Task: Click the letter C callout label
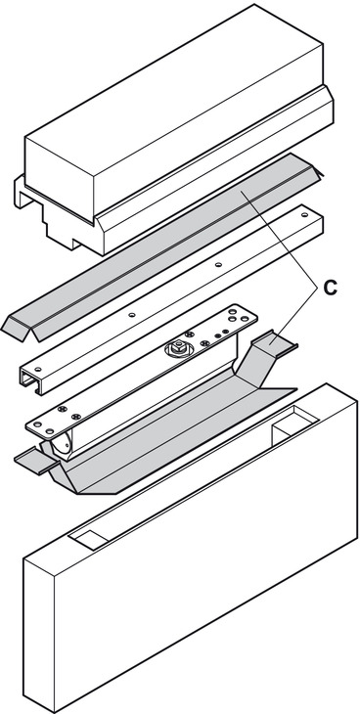(330, 288)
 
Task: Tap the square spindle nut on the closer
(180, 343)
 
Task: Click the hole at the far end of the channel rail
(304, 214)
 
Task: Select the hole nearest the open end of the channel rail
(38, 370)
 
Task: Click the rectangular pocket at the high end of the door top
(293, 424)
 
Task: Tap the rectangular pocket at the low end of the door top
(89, 541)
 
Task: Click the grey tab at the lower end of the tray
(35, 461)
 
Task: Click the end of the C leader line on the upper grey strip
(242, 193)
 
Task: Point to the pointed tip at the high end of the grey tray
(297, 389)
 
